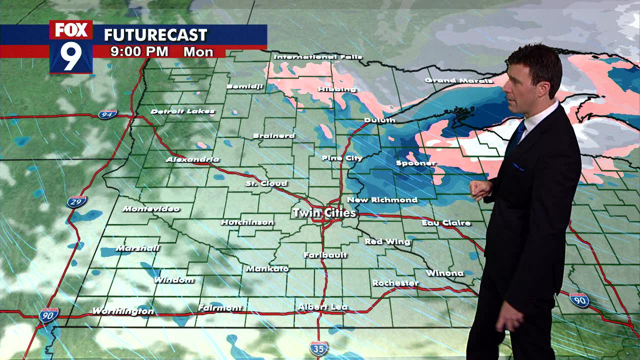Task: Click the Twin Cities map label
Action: [324, 213]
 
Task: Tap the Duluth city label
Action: [379, 120]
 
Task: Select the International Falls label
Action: [317, 57]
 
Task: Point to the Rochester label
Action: [395, 283]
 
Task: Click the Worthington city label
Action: [123, 311]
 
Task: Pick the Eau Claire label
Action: [446, 222]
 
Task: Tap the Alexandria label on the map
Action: [192, 159]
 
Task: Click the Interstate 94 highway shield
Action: [107, 114]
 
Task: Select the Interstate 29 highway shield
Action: [76, 201]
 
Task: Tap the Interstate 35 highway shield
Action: [318, 348]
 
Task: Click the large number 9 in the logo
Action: [71, 56]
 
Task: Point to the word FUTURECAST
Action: [155, 35]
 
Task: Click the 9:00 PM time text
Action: [139, 51]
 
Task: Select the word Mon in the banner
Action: [198, 51]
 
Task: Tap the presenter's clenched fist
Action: [479, 190]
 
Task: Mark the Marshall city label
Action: [137, 248]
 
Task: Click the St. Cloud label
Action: [266, 183]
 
